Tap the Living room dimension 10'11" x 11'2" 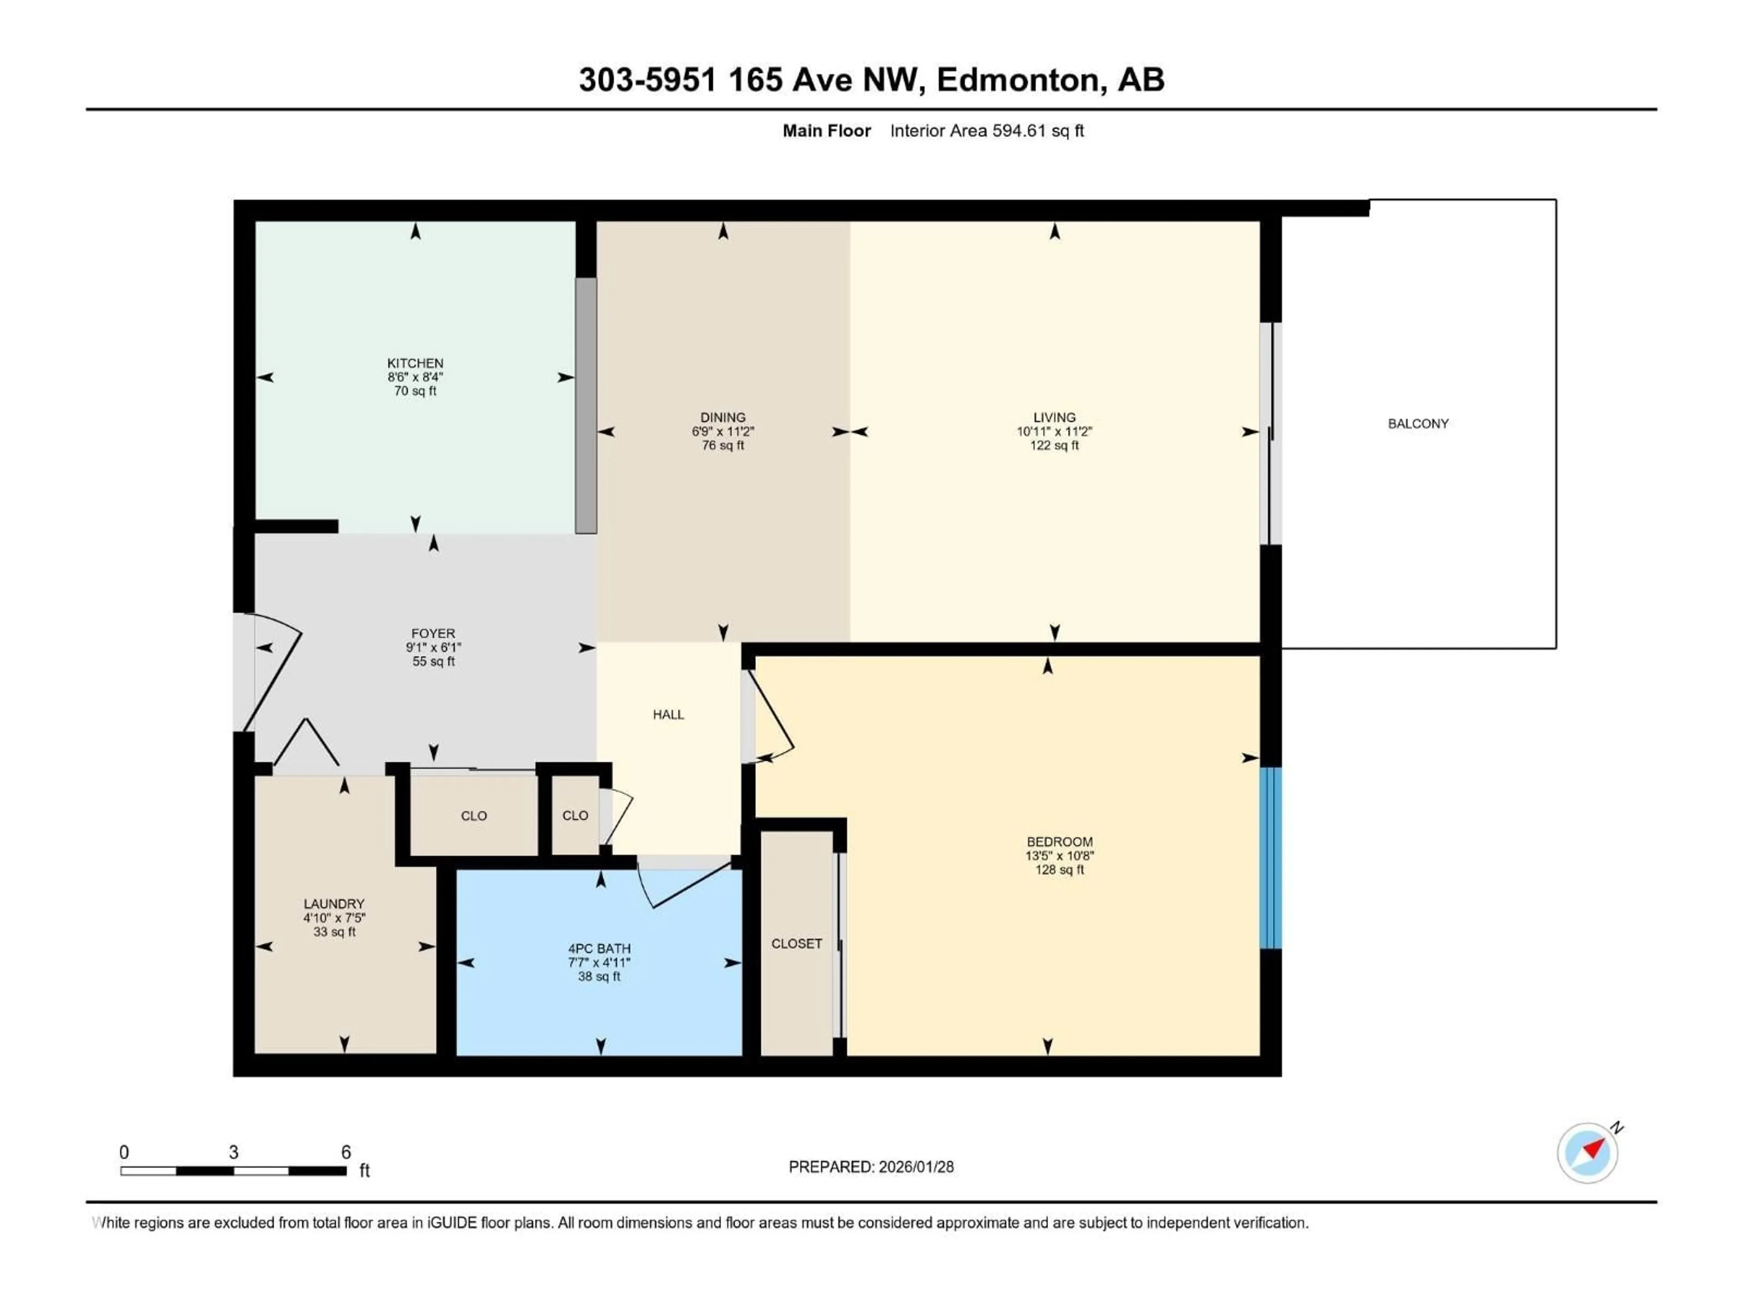[x=1054, y=432]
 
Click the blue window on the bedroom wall [x=1270, y=858]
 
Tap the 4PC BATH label [x=599, y=948]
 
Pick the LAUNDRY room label [x=334, y=903]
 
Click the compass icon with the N [x=1588, y=1153]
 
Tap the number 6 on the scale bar [x=345, y=1152]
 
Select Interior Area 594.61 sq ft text [x=986, y=131]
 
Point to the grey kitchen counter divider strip [x=585, y=405]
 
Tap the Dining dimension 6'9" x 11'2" [x=722, y=432]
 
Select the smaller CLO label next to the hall [x=575, y=815]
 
